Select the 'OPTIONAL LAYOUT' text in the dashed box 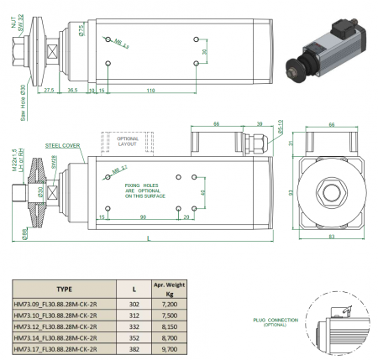point(126,139)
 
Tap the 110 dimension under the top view point(149,88)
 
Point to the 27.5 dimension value point(50,88)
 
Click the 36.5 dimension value point(73,88)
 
